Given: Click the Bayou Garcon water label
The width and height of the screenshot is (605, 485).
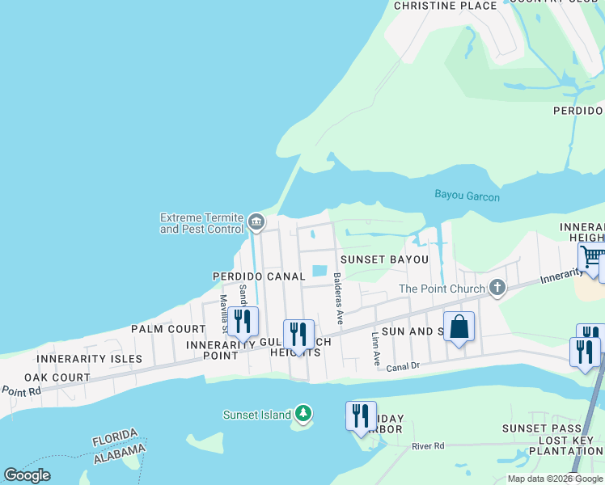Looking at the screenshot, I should tap(467, 196).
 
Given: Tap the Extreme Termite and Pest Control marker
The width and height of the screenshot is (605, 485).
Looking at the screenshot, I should tap(256, 221).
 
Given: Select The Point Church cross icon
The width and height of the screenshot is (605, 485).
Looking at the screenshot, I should tap(497, 288).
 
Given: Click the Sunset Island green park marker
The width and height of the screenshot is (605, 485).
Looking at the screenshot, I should tap(303, 414).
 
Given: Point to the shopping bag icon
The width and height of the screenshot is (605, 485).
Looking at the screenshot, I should tap(459, 327).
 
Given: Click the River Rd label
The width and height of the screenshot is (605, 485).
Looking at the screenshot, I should tap(428, 445).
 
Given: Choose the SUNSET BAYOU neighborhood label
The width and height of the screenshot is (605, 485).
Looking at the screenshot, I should tap(384, 259).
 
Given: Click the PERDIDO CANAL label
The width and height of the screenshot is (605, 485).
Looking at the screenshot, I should tap(259, 276).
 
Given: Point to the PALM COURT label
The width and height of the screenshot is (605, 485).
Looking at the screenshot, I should tap(168, 329).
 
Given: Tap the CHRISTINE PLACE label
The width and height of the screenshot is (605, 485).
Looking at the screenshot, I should tap(445, 6).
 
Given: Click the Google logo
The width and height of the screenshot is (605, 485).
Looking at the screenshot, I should tap(27, 475).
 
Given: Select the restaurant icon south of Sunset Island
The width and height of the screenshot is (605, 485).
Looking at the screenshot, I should tap(361, 415).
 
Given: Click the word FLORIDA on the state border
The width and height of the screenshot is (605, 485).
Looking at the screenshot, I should tap(115, 437).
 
